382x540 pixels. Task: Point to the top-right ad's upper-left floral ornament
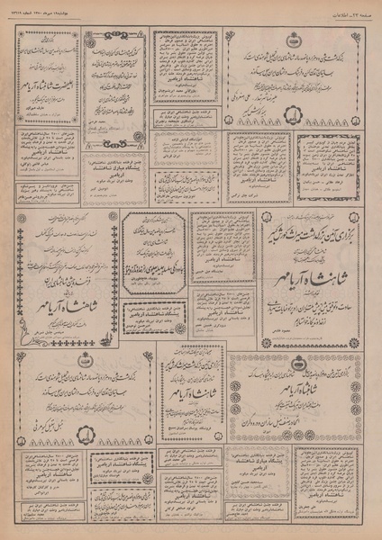[234, 38]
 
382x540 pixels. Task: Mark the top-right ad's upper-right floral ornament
[361, 38]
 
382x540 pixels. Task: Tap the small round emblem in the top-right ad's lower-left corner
[236, 118]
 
